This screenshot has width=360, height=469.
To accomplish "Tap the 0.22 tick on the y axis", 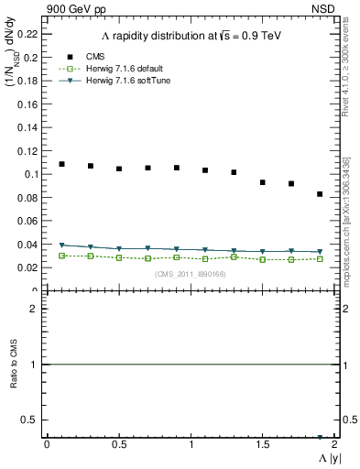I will (x=28, y=33).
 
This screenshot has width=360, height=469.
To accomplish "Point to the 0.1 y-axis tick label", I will (x=31, y=174).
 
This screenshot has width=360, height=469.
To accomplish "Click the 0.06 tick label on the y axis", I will (x=28, y=221).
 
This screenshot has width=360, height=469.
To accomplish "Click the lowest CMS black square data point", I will (x=320, y=194).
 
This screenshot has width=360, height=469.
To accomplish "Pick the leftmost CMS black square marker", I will (x=61, y=164).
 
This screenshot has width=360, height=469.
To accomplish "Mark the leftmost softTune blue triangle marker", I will (x=61, y=245).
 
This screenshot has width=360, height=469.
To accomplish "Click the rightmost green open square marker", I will (x=320, y=259).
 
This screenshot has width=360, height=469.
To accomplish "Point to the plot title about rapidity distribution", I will (x=190, y=36).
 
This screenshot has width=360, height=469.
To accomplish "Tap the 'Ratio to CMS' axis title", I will (x=15, y=379).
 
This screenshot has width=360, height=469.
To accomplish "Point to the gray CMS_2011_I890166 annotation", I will (x=190, y=274).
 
